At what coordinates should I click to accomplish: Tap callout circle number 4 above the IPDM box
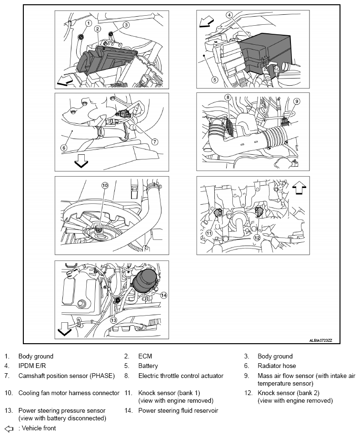[230, 15]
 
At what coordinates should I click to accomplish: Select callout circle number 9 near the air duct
[296, 101]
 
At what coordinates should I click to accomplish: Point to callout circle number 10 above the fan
[105, 185]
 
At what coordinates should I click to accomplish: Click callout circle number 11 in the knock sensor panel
[209, 233]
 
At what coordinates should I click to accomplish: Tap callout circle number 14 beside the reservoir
[163, 295]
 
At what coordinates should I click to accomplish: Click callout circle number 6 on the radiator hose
[64, 148]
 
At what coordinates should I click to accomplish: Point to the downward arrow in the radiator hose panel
[81, 162]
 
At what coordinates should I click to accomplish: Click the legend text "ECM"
[145, 356]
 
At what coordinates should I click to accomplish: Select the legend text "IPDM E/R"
[31, 366]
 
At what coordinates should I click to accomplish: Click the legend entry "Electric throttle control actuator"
[180, 376]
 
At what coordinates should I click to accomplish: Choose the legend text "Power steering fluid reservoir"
[178, 410]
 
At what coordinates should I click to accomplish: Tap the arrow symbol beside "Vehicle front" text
[8, 428]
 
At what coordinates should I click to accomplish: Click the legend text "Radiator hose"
[277, 366]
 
